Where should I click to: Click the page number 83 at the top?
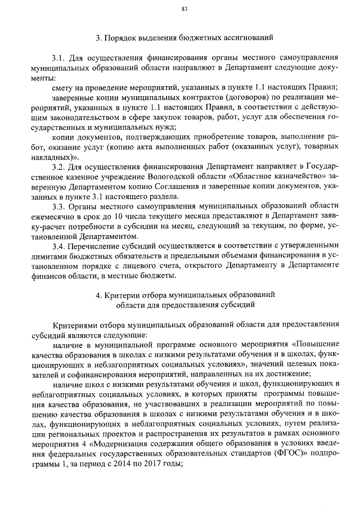(184, 8)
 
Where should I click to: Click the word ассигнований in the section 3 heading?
(245, 38)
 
